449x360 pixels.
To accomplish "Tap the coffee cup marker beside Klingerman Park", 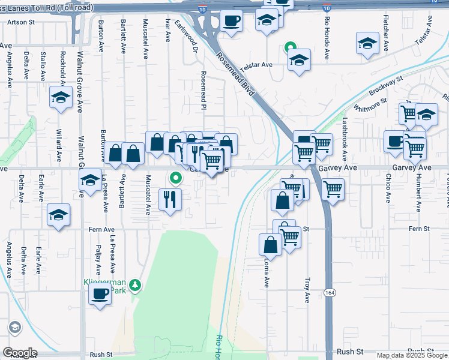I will click(x=100, y=294).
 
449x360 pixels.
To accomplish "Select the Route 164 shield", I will click(x=330, y=292).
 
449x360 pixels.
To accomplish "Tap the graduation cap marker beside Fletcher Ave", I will click(x=367, y=44).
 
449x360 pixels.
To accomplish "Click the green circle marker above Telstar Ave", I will click(x=290, y=47).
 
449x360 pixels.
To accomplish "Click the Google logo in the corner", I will click(x=20, y=352).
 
